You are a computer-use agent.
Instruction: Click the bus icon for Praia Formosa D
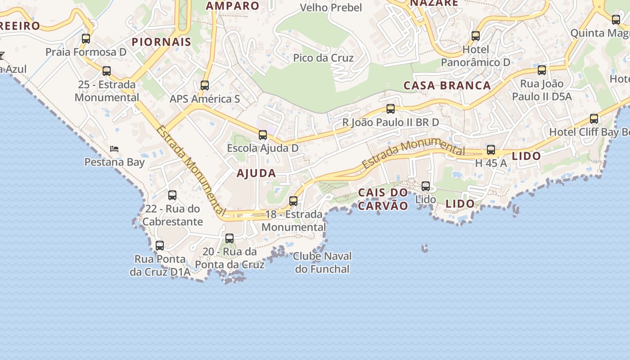tap(86, 39)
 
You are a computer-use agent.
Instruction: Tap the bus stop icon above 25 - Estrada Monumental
tap(107, 71)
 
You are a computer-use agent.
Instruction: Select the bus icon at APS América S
tap(205, 85)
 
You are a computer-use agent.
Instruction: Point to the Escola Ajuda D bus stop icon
tap(263, 135)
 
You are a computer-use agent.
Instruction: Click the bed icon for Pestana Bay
tap(114, 149)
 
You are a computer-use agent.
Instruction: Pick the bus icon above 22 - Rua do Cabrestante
tap(172, 195)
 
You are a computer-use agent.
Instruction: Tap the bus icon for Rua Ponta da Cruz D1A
tap(160, 246)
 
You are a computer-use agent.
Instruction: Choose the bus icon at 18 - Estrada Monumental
tap(293, 201)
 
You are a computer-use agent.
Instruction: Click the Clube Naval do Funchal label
tap(322, 262)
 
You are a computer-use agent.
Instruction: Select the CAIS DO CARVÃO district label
tap(383, 199)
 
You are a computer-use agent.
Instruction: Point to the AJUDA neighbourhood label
tap(256, 173)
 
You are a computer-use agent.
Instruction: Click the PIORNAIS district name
tap(162, 42)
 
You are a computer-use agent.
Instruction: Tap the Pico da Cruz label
tap(323, 58)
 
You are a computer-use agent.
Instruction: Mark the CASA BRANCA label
tap(447, 85)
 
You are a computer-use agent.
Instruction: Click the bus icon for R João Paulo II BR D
tap(391, 109)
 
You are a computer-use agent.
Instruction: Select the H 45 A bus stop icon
tap(491, 150)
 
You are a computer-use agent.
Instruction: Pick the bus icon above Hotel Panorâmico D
tap(476, 36)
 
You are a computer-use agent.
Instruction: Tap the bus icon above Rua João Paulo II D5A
tap(542, 70)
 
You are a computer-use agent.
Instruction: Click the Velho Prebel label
tap(331, 8)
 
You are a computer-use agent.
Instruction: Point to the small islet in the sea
tap(425, 248)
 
